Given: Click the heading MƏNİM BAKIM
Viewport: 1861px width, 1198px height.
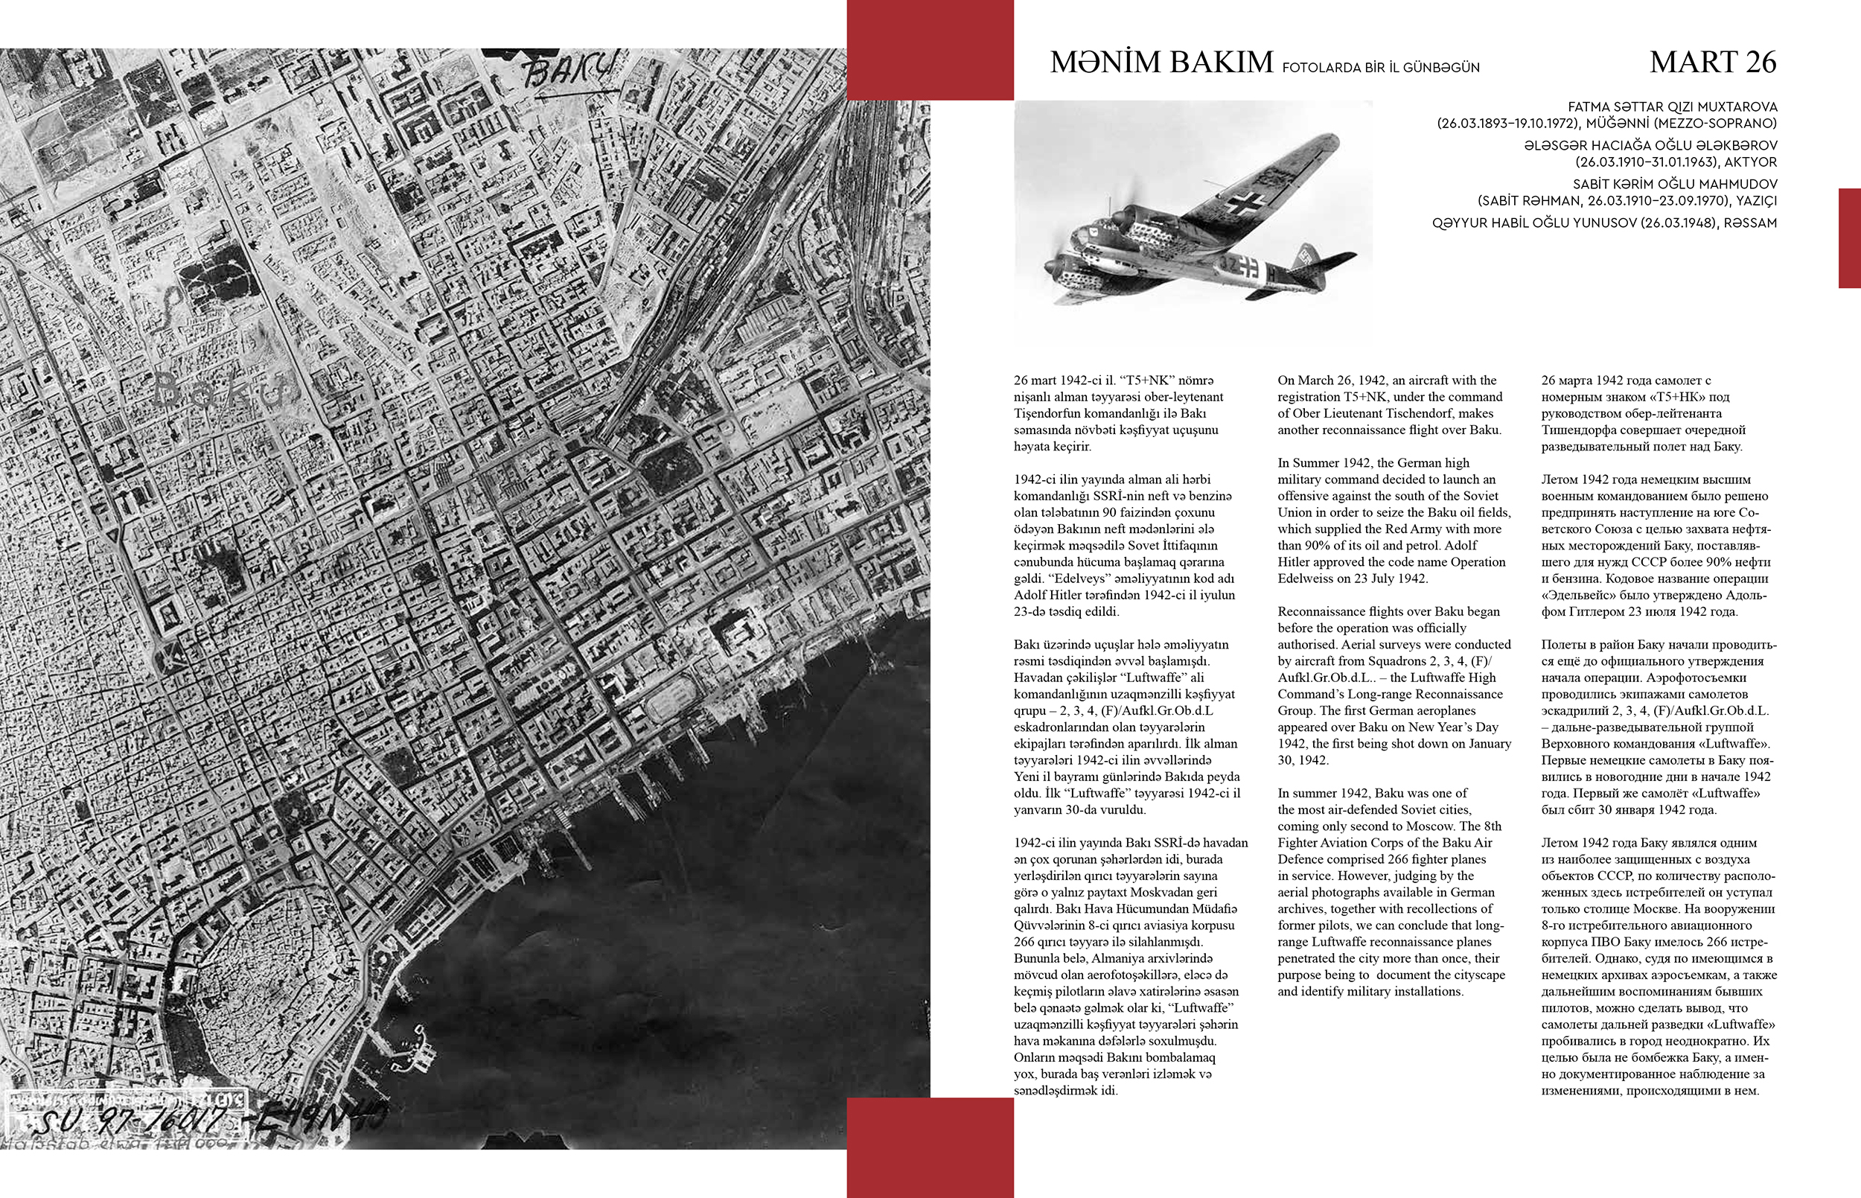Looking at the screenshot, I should tap(1161, 63).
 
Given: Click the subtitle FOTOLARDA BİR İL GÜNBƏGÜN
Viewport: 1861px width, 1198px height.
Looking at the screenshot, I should tap(1380, 68).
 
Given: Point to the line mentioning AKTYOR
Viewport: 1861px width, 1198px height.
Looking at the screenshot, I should tap(1676, 162).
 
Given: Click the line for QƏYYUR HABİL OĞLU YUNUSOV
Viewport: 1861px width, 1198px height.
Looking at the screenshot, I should tap(1603, 223).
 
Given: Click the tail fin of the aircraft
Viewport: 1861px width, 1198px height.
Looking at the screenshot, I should tap(1309, 256).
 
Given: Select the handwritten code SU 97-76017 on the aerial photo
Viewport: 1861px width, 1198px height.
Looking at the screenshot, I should tap(133, 1121).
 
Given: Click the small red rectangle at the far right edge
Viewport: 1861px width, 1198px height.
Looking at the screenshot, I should tap(1849, 238).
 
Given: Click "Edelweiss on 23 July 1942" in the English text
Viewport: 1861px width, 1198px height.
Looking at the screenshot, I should tap(1353, 579).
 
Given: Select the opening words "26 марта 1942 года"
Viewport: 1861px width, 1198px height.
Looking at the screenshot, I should tap(1595, 380).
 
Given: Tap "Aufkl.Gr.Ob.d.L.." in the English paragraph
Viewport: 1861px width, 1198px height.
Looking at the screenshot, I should tap(1322, 678).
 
